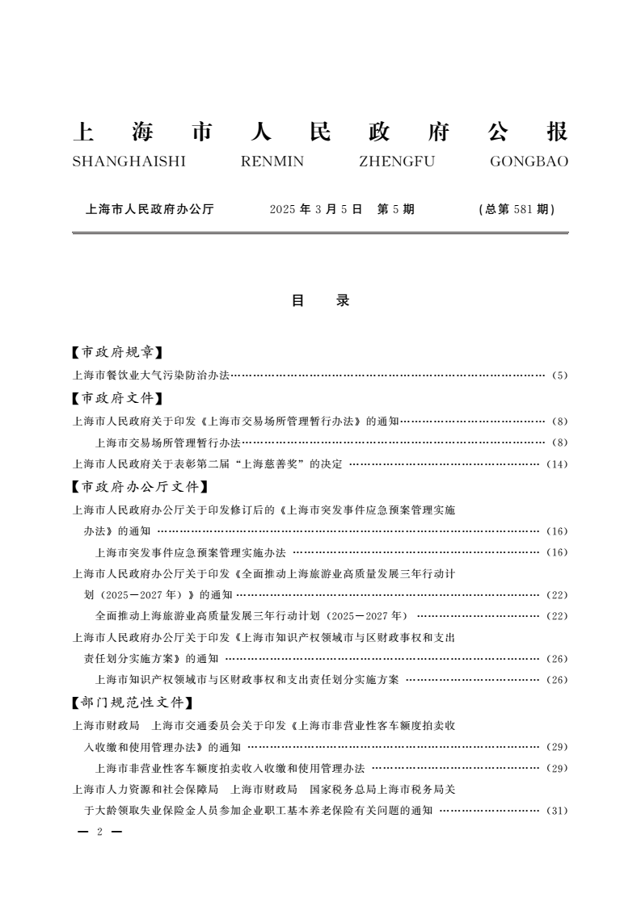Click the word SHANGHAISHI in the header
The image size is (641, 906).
(129, 161)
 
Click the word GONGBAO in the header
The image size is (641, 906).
(529, 161)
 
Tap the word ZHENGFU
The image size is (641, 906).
(396, 161)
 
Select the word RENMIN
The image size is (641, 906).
(272, 161)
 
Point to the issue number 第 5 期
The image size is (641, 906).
(396, 209)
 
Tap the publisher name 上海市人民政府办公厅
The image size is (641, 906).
(150, 209)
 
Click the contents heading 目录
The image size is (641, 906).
(320, 300)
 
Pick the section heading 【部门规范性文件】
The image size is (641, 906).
(133, 702)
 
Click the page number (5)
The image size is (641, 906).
(559, 375)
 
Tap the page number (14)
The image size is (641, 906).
(557, 464)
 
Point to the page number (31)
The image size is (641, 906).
(557, 810)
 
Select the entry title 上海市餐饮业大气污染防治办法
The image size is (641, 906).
(151, 375)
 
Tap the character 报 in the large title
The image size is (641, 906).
(557, 132)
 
